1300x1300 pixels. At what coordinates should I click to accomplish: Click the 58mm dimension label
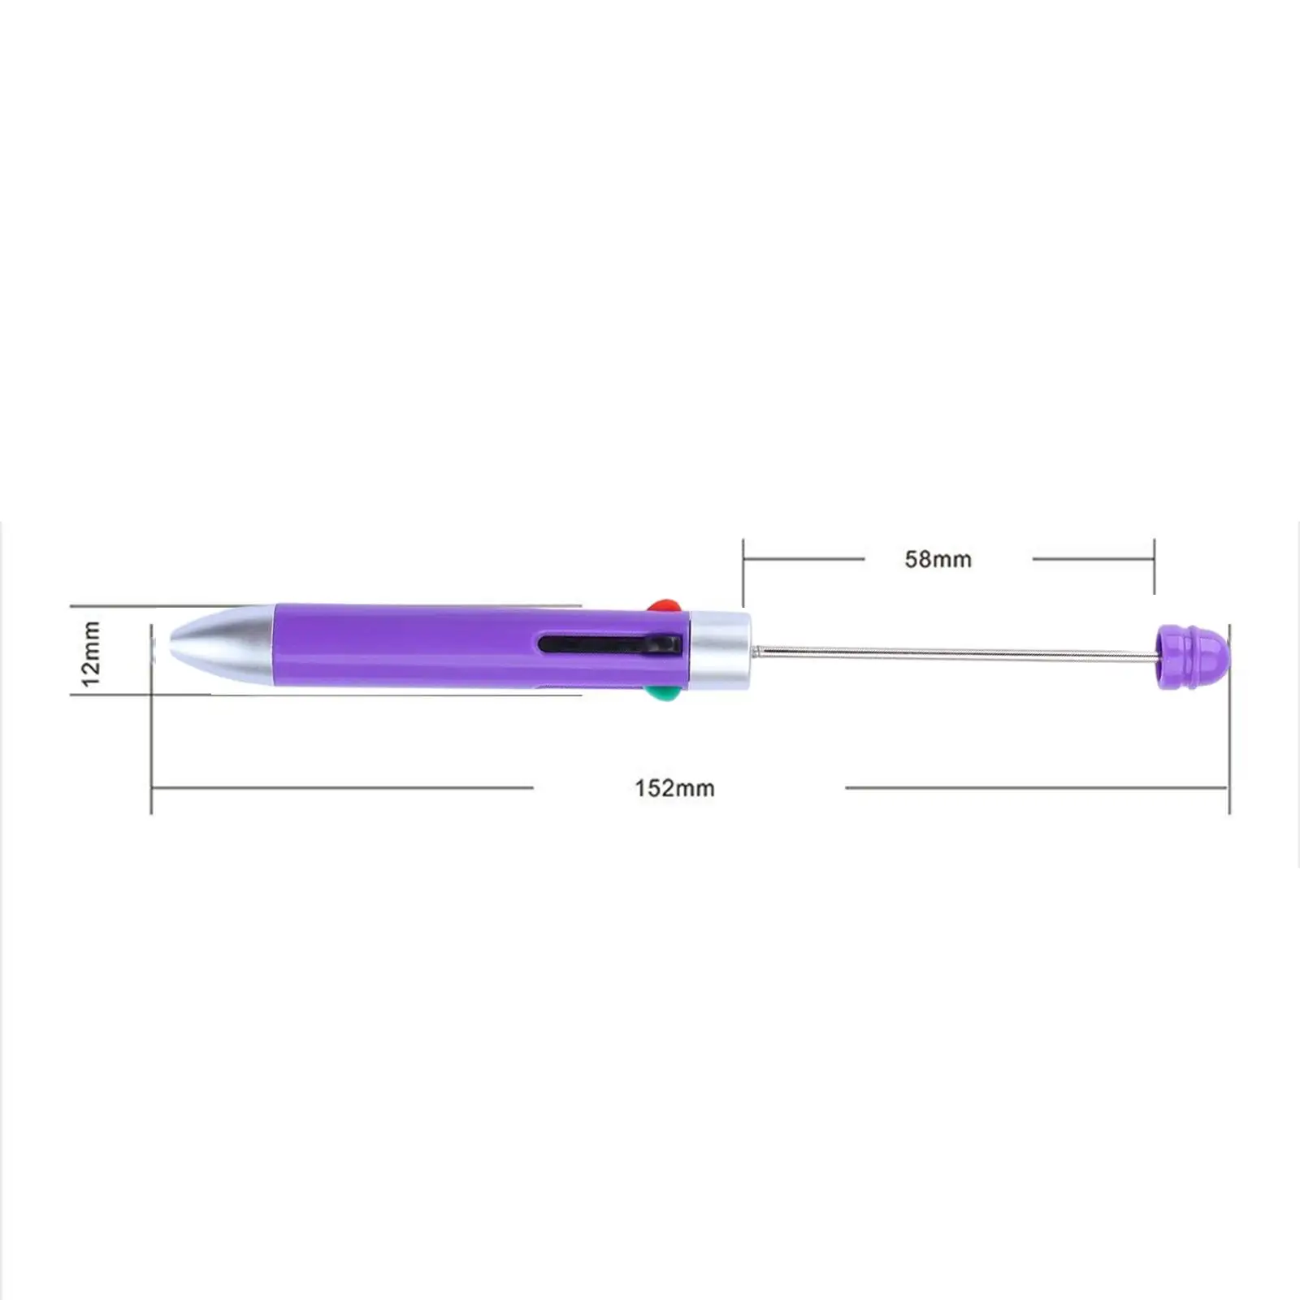coord(938,559)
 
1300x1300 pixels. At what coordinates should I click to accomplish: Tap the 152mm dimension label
coord(674,788)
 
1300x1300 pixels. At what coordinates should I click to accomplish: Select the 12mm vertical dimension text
coord(91,653)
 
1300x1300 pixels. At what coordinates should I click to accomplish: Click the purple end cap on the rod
coord(1191,656)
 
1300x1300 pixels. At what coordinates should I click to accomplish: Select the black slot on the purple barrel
coord(609,644)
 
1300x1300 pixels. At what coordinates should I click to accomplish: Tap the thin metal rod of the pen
coord(951,652)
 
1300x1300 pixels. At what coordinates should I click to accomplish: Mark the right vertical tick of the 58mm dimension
coord(1154,566)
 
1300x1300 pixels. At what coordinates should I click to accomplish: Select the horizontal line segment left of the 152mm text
coord(341,787)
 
